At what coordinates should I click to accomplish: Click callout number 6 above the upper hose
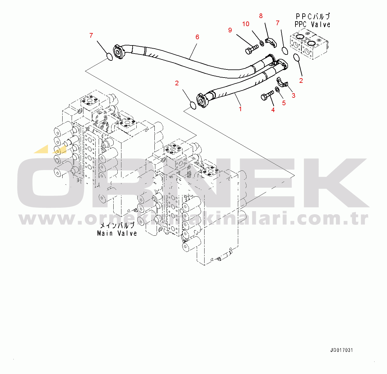(197, 37)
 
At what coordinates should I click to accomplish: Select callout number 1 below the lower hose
(240, 109)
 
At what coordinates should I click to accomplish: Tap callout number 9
(230, 30)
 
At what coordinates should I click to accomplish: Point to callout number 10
(246, 24)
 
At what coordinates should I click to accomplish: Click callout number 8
(261, 16)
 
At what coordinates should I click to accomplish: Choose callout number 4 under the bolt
(273, 110)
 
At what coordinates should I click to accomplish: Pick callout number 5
(284, 103)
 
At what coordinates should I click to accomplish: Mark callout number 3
(294, 96)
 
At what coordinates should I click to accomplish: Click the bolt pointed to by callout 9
(252, 49)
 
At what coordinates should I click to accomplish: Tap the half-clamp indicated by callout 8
(271, 43)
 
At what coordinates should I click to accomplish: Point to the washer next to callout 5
(278, 90)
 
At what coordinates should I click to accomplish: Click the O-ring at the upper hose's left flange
(109, 56)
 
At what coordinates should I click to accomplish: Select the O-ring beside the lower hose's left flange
(193, 106)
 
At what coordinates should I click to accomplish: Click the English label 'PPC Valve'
(312, 25)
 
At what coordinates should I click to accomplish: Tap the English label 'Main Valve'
(117, 233)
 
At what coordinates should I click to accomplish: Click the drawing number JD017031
(342, 350)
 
